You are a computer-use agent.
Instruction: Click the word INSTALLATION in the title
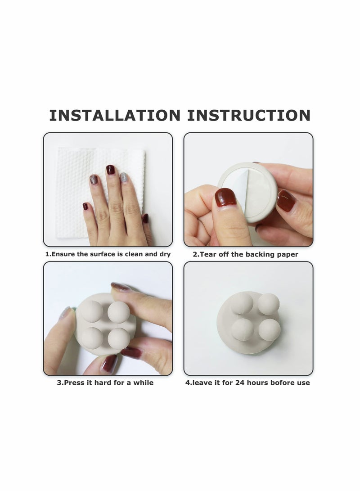click(115, 115)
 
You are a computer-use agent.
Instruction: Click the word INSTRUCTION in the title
click(249, 115)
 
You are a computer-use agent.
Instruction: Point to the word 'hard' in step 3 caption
click(103, 383)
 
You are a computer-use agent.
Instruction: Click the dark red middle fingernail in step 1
click(111, 170)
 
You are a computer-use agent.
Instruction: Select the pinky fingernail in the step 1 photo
click(85, 207)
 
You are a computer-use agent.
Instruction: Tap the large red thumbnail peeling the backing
click(225, 197)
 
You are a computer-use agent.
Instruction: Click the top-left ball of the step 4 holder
click(242, 303)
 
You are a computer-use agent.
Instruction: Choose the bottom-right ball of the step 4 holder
click(270, 329)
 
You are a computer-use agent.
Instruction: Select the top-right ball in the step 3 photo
click(119, 311)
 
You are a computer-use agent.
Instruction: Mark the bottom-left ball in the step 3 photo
click(92, 338)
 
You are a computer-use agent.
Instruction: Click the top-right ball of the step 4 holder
click(269, 304)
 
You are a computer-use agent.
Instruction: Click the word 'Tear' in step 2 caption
click(208, 254)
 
